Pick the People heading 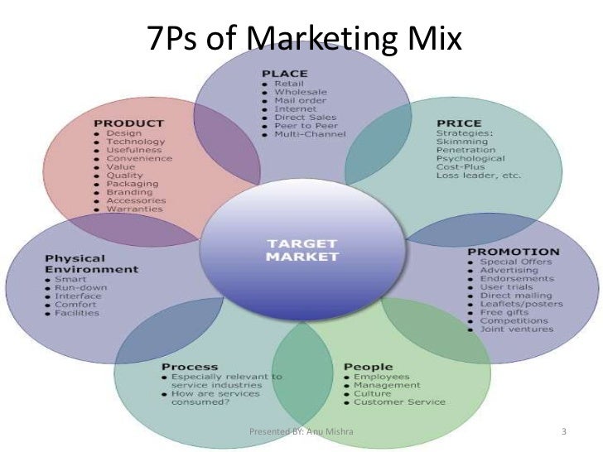click(x=361, y=366)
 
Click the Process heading click(x=190, y=366)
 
